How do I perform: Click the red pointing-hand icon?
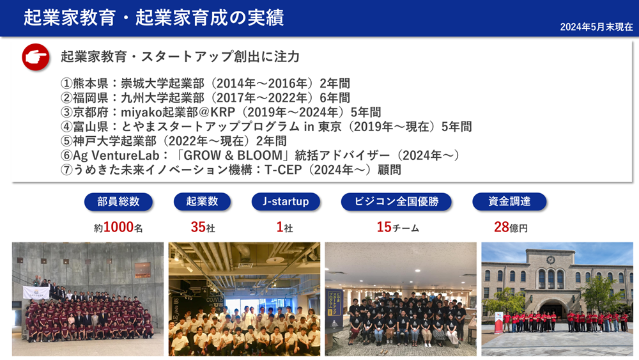pyautogui.click(x=36, y=57)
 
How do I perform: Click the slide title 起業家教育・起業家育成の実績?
pyautogui.click(x=153, y=18)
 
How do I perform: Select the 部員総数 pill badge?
pyautogui.click(x=119, y=201)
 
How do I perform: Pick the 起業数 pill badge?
pyautogui.click(x=202, y=201)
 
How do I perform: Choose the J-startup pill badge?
pyautogui.click(x=285, y=201)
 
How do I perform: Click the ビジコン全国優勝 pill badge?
pyautogui.click(x=396, y=201)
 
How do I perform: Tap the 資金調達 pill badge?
pyautogui.click(x=509, y=201)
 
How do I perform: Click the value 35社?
pyautogui.click(x=202, y=227)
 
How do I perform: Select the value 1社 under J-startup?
pyautogui.click(x=284, y=227)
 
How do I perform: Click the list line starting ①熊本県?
pyautogui.click(x=205, y=84)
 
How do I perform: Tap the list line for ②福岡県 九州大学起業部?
pyautogui.click(x=205, y=98)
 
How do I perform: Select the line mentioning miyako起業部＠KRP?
pyautogui.click(x=220, y=112)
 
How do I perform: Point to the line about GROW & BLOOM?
pyautogui.click(x=260, y=155)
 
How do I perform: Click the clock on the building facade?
pyautogui.click(x=550, y=260)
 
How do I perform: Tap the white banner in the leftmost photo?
pyautogui.click(x=36, y=292)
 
